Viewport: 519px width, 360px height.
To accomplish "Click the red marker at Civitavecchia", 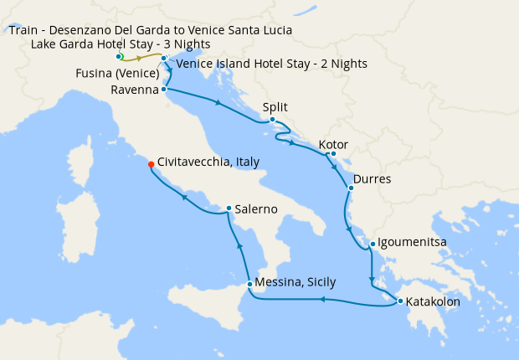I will [x=151, y=164].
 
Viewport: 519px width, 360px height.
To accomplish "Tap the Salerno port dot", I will [x=229, y=208].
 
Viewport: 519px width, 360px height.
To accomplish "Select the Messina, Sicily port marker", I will [x=249, y=285].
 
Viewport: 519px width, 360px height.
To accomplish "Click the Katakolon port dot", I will [x=400, y=301].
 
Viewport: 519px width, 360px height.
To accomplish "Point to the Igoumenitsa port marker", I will [x=373, y=244].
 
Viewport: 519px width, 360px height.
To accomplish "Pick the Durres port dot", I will [x=350, y=188].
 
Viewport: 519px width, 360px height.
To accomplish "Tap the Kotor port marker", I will [x=332, y=153].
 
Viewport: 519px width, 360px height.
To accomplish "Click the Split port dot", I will [x=272, y=120].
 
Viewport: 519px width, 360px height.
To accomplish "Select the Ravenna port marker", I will [x=164, y=88].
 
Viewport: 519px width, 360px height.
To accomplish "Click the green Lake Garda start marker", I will [x=120, y=56].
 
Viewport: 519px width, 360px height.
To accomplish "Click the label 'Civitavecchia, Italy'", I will [x=208, y=162].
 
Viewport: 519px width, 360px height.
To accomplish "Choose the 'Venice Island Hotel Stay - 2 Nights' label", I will [x=271, y=64].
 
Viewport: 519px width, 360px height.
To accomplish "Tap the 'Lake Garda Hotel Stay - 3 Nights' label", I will [x=121, y=44].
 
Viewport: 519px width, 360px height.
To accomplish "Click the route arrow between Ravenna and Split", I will [x=218, y=104].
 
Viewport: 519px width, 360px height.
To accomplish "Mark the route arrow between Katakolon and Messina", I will [x=322, y=299].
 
